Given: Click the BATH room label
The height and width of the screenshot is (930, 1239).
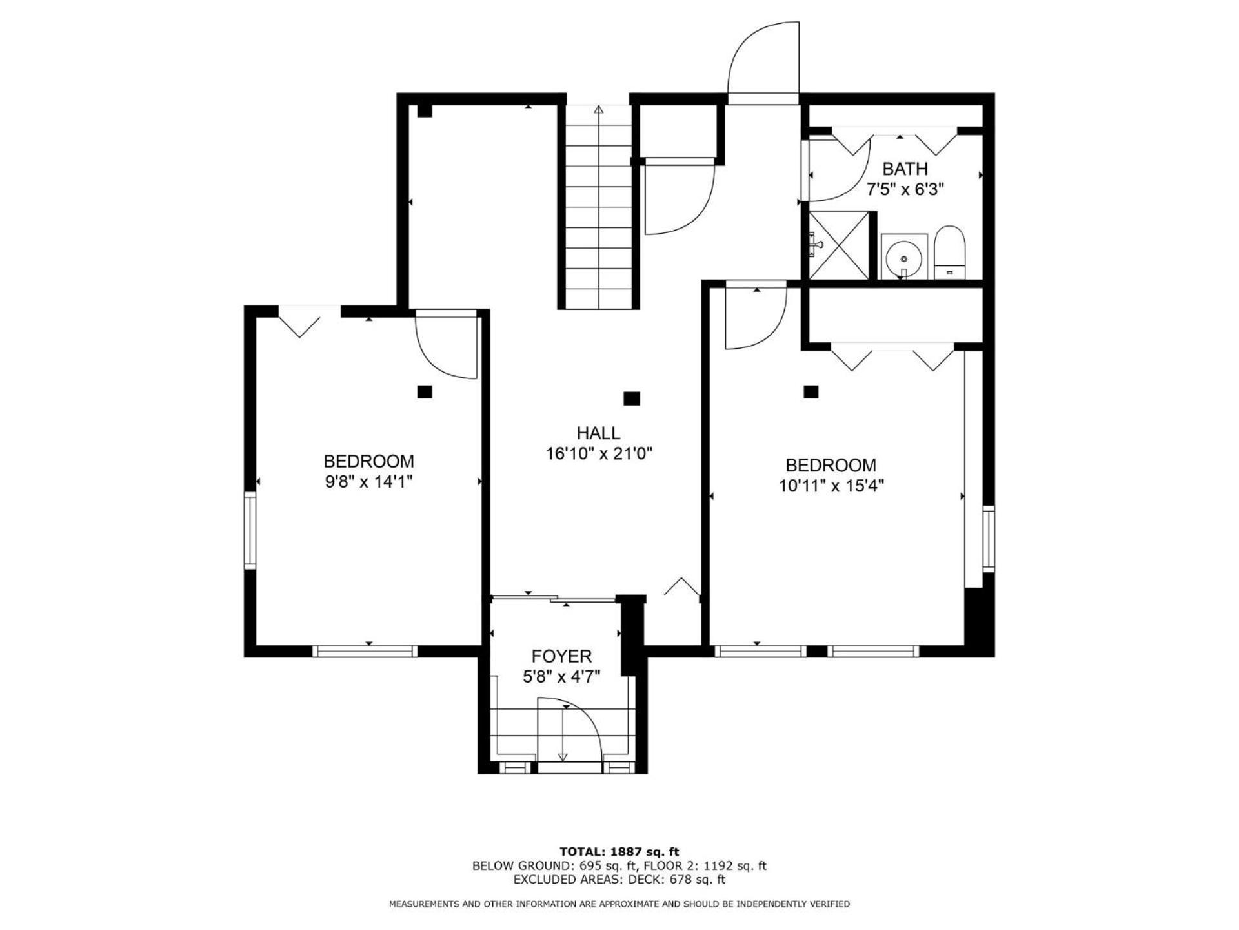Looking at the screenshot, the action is pos(905,169).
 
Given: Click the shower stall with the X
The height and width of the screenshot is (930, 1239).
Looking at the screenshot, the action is pos(839,245).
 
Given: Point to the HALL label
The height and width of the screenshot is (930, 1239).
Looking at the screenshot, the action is pos(598,433).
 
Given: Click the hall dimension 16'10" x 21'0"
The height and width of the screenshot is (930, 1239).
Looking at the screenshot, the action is pos(599,454).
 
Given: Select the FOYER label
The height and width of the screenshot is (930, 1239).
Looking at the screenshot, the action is pos(561,656).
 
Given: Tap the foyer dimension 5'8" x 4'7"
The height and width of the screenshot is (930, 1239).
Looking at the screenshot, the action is pos(561,677).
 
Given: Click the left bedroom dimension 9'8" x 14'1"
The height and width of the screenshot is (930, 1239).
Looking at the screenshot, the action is pos(368,482).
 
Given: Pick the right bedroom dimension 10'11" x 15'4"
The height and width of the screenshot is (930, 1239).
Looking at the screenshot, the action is pos(831,486).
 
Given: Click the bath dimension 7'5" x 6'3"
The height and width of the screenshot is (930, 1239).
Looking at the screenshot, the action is pos(905,190).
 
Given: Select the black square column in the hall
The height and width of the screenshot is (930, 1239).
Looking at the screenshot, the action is pos(632,398).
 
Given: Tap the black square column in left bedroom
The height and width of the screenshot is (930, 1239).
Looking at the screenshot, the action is pos(425,392).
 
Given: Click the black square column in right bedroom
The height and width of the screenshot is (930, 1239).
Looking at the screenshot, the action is pos(811,392).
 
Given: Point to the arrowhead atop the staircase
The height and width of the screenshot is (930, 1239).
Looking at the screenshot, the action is pos(598,109).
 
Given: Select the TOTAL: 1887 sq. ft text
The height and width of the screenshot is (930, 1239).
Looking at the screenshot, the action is pos(619,852).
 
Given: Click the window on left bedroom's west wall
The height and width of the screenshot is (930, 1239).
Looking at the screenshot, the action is pos(250,530).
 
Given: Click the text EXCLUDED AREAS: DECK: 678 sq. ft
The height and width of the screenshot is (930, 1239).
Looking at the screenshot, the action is pos(619,880).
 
